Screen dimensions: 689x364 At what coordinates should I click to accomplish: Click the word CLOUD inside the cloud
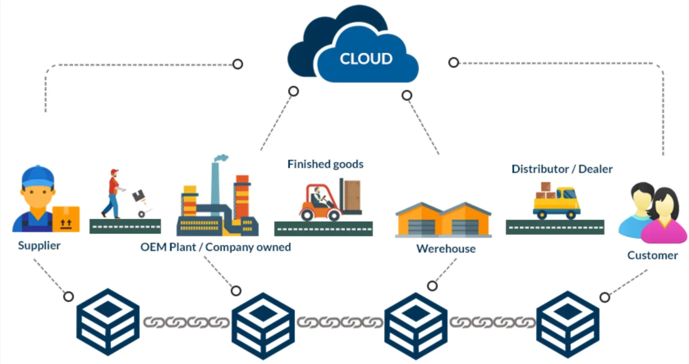pos(366,58)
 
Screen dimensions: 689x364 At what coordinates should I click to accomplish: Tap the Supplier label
pos(39,246)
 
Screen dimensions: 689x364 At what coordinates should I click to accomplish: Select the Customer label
pos(652,256)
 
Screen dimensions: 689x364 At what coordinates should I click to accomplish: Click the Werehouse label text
pos(446,249)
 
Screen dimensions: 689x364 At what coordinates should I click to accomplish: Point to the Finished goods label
pos(326,164)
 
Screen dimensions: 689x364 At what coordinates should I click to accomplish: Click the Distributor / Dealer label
pos(562,169)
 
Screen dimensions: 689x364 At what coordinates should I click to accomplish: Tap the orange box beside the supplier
pos(66,219)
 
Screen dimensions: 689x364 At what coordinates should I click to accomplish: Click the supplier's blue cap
pos(38,176)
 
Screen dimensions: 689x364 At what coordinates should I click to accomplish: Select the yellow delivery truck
pos(556,203)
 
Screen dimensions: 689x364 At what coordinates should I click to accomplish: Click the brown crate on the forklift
pos(352,195)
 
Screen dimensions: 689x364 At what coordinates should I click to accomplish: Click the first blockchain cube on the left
pos(108,322)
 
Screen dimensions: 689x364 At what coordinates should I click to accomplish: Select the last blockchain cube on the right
pos(567,325)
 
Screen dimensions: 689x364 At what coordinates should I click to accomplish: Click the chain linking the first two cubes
pos(186,322)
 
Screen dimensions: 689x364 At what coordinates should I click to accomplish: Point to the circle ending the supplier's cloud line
pos(237,64)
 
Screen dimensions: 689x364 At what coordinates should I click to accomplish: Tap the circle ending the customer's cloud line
pos(453,62)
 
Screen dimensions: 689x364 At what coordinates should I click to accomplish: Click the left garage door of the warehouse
pos(421,227)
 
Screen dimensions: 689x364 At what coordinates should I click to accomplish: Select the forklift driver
pos(318,198)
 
